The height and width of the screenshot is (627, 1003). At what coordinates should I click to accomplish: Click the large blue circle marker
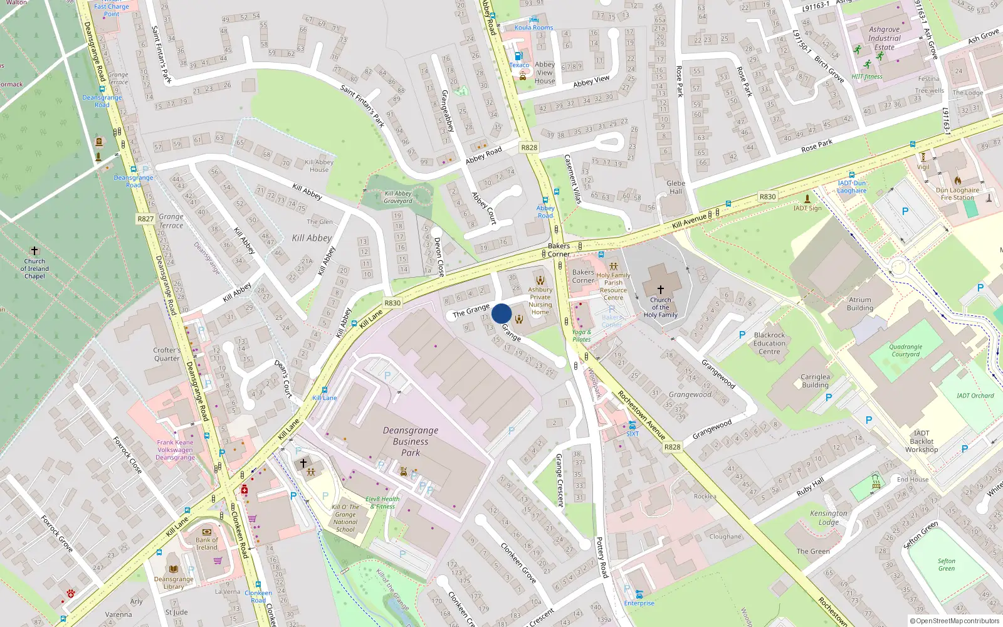[501, 313]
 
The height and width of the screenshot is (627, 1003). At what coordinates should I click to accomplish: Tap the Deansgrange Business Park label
[411, 441]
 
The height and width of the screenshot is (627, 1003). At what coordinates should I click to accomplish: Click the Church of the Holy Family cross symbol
[660, 290]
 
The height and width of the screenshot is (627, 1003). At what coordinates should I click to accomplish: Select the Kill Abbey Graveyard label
[398, 198]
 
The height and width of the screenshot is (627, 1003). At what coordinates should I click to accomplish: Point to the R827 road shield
[145, 219]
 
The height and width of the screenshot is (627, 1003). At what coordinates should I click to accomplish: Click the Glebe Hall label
[676, 187]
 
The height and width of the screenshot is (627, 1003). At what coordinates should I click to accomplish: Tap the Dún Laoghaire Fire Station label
[957, 194]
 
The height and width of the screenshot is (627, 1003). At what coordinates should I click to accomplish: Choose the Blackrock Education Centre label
[769, 344]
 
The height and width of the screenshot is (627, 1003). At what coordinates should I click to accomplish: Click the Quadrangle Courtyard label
[905, 350]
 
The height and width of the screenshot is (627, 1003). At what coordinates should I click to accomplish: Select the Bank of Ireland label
[207, 544]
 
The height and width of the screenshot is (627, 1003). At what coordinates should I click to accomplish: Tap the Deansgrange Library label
[174, 583]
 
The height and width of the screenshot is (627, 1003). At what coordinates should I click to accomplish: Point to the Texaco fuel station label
[519, 65]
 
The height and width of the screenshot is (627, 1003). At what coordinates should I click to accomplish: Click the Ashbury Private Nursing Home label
[540, 301]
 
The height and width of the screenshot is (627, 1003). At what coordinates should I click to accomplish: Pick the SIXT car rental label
[633, 434]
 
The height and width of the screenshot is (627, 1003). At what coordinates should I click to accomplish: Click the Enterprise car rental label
[639, 603]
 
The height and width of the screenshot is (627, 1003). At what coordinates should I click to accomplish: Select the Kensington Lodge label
[828, 518]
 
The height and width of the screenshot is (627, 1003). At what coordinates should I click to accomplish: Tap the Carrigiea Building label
[815, 381]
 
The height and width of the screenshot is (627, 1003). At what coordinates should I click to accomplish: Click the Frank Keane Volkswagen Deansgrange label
[175, 450]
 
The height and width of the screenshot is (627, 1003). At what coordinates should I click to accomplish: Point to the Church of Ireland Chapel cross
[34, 251]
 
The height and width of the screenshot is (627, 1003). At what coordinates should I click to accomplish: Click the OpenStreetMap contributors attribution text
[955, 621]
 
